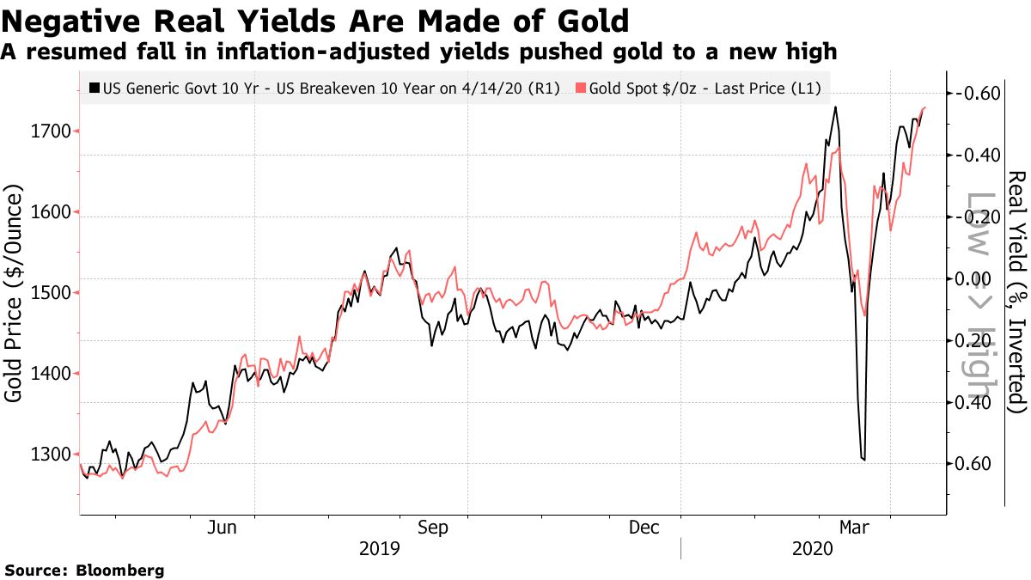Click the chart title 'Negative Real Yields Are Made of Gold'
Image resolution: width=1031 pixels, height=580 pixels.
point(315,20)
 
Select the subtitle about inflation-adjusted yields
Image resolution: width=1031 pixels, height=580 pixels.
point(418,52)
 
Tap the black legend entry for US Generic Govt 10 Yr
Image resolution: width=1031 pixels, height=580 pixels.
point(326,88)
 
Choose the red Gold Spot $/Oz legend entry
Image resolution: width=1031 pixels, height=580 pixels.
point(698,88)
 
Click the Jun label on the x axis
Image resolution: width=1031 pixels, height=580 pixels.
point(223,528)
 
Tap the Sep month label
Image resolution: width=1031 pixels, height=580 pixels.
point(433,528)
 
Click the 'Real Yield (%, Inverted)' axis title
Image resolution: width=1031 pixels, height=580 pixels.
point(1016,292)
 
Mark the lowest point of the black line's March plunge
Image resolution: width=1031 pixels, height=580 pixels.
point(863,461)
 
